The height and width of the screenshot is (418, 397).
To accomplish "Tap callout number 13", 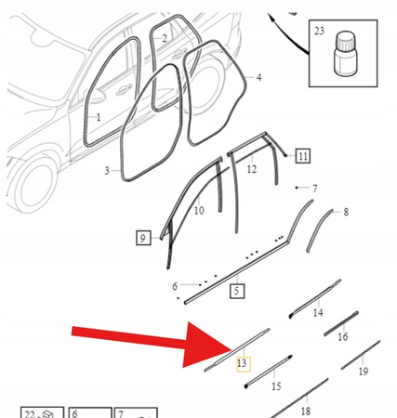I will (242, 363).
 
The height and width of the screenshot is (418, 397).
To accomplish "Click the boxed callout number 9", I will (142, 239).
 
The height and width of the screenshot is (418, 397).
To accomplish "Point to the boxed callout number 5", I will (236, 291).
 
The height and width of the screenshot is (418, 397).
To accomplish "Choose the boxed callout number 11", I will (304, 155).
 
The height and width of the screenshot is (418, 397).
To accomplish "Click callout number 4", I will (258, 77).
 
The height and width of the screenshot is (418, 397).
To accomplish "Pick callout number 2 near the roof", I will (165, 38).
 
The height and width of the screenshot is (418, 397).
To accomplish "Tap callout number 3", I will (107, 171).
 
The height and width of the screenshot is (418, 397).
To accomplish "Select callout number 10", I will (198, 211).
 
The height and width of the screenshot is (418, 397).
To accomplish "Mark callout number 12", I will (251, 169).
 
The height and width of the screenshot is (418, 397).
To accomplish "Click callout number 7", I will (314, 189).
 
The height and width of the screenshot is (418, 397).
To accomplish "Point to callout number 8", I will (346, 213).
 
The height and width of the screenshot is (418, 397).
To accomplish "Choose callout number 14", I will (318, 313).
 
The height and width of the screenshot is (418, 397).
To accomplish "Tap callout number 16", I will (343, 337).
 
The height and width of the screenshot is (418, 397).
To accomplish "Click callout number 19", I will (364, 372).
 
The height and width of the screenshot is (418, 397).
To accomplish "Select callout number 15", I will (275, 385).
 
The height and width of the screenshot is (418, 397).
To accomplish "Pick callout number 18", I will (305, 411).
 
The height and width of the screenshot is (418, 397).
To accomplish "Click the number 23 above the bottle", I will (345, 32).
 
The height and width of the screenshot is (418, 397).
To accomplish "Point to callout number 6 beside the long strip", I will (174, 287).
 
